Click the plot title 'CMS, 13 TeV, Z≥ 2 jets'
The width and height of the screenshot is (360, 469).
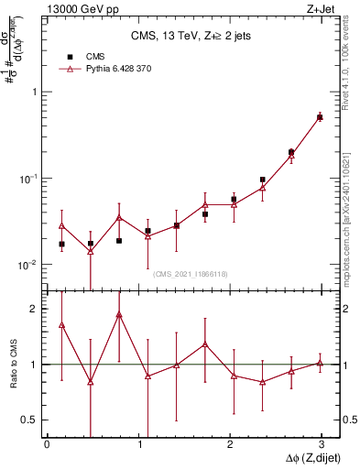tap(191, 36)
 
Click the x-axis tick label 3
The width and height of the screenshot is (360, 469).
tap(322, 443)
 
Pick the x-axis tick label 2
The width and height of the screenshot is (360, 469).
tap(230, 443)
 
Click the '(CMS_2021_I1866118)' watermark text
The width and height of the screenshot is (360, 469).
tap(191, 273)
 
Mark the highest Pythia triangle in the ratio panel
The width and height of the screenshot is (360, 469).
tap(119, 315)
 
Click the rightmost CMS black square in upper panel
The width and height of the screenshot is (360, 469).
tap(320, 117)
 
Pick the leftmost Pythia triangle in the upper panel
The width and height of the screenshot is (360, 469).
tap(61, 225)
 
